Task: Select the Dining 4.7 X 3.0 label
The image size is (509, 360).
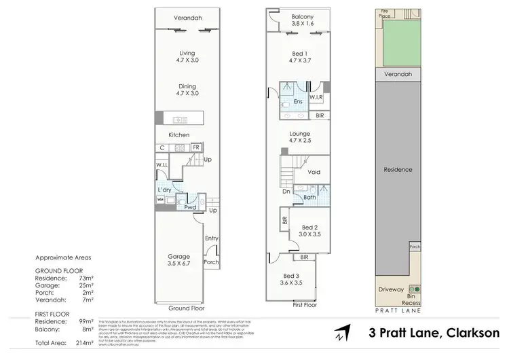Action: [187, 90]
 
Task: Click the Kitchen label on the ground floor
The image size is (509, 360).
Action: [178, 135]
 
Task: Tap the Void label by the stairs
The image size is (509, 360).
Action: [314, 172]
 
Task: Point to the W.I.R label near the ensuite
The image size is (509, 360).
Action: [316, 98]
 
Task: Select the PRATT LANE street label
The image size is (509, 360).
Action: [398, 310]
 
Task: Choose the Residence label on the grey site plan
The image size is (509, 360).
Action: [398, 169]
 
